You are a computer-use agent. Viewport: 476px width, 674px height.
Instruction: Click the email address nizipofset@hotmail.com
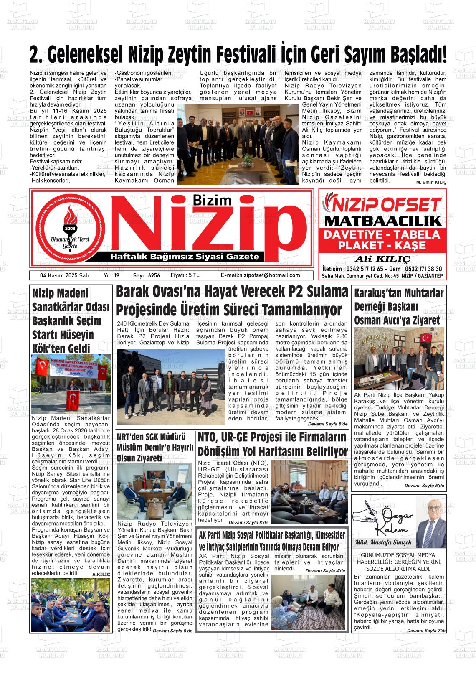(x=260, y=275)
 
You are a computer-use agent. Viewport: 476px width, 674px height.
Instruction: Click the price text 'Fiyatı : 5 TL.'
(x=186, y=275)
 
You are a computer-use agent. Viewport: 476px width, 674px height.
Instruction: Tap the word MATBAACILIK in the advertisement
(x=382, y=221)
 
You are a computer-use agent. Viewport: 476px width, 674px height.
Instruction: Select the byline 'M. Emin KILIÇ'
(x=431, y=183)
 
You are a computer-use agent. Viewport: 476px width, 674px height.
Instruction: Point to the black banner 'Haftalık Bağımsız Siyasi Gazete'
(x=184, y=257)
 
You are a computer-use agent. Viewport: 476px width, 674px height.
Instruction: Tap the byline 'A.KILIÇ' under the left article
(x=101, y=575)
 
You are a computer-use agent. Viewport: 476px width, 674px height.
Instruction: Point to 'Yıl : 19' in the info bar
(x=111, y=275)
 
